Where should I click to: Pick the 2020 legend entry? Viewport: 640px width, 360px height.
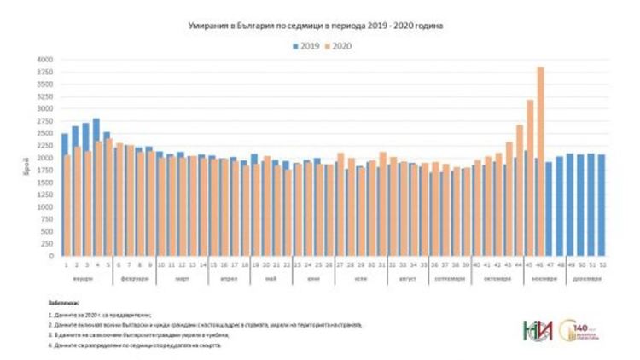click(x=338, y=45)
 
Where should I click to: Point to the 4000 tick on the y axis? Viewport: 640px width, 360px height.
click(x=44, y=60)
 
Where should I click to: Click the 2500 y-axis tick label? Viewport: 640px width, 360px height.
click(x=44, y=133)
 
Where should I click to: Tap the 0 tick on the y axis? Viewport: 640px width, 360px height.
click(x=49, y=256)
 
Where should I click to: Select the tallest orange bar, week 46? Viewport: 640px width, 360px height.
click(x=540, y=162)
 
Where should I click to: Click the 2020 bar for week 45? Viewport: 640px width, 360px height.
click(x=530, y=179)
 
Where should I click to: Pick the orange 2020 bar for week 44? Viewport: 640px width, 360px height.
click(x=520, y=191)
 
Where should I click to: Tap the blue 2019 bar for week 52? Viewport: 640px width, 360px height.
click(x=601, y=205)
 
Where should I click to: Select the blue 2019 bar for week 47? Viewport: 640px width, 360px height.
click(x=549, y=209)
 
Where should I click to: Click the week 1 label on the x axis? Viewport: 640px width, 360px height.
click(x=65, y=264)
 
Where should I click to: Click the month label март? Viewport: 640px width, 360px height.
click(x=182, y=279)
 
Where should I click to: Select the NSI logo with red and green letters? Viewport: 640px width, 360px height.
click(x=536, y=330)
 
